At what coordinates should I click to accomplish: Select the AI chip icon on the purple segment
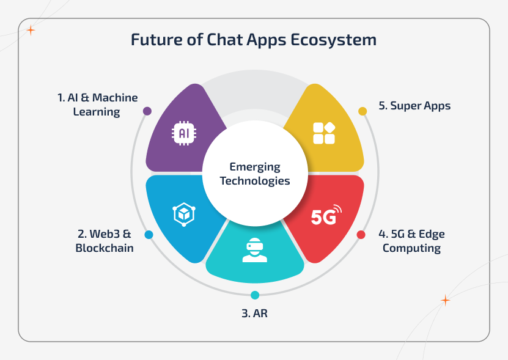pyautogui.click(x=182, y=132)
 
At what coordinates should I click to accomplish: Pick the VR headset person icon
pyautogui.click(x=254, y=251)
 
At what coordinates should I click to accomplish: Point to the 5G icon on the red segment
pyautogui.click(x=326, y=216)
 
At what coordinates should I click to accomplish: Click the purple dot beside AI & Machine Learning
pyautogui.click(x=147, y=111)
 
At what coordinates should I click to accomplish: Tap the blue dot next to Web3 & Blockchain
pyautogui.click(x=149, y=235)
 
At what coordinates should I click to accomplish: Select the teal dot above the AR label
pyautogui.click(x=255, y=295)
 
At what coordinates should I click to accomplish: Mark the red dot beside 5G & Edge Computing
pyautogui.click(x=361, y=235)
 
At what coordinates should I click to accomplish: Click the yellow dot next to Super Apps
pyautogui.click(x=363, y=111)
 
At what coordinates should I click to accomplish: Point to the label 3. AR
pyautogui.click(x=255, y=314)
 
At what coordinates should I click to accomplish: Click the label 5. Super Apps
pyautogui.click(x=414, y=106)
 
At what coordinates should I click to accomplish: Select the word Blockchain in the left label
pyautogui.click(x=105, y=248)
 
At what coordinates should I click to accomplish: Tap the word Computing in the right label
pyautogui.click(x=411, y=248)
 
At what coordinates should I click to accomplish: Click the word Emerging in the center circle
pyautogui.click(x=255, y=167)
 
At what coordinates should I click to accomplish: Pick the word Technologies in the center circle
pyautogui.click(x=255, y=181)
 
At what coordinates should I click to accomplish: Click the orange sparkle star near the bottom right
pyautogui.click(x=445, y=300)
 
